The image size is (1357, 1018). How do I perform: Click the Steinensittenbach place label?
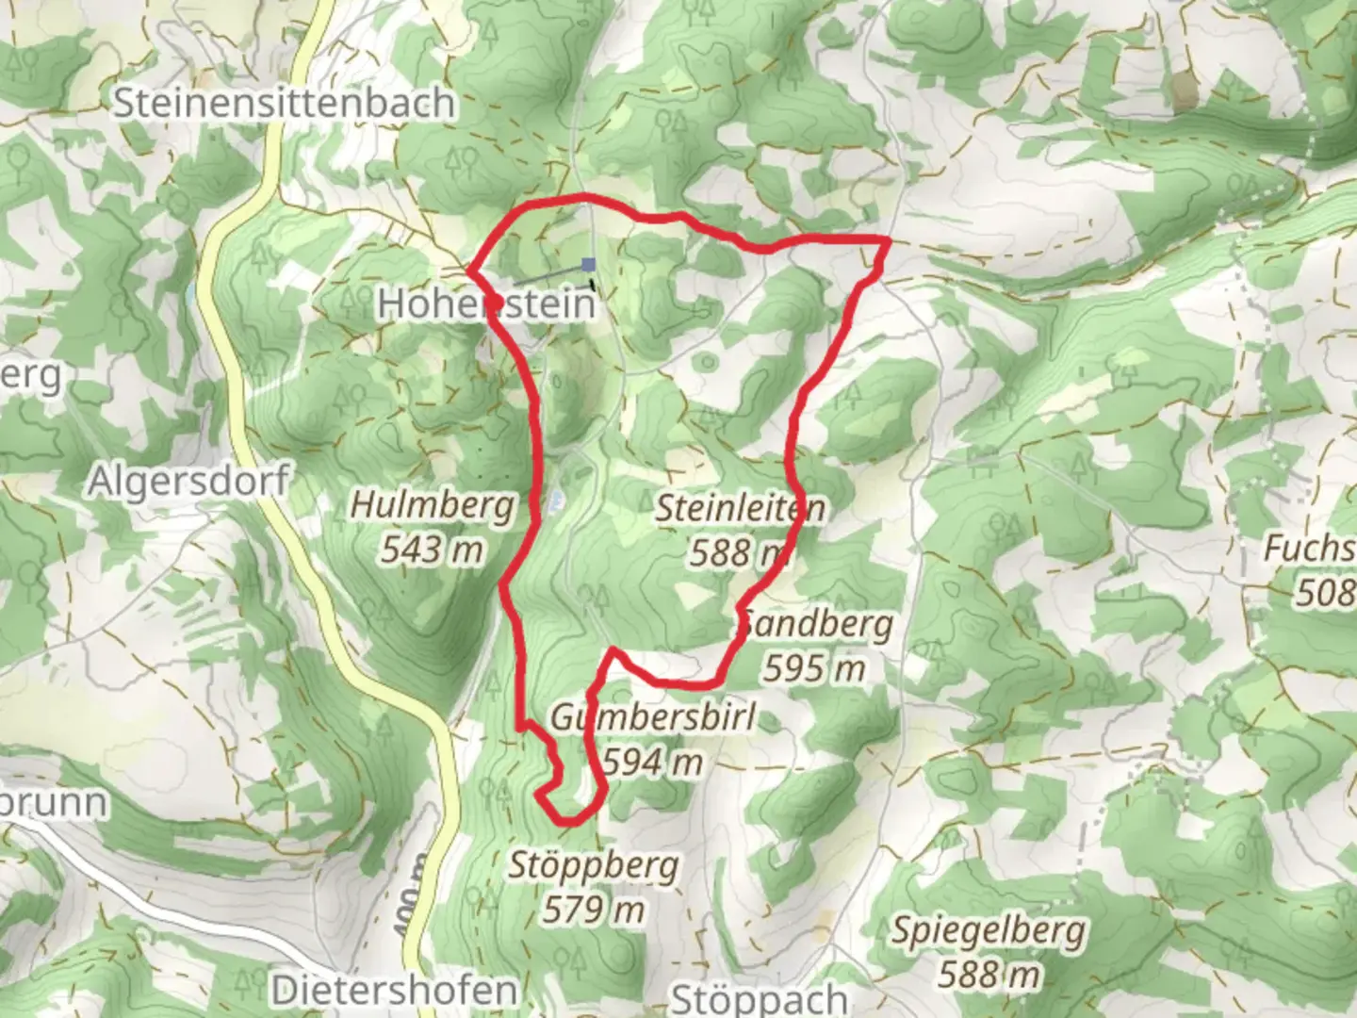pyautogui.click(x=284, y=103)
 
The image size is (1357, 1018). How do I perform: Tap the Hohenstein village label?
pyautogui.click(x=487, y=304)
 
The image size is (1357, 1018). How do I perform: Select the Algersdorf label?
pyautogui.click(x=188, y=482)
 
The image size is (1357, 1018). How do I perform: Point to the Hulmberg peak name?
pyautogui.click(x=433, y=505)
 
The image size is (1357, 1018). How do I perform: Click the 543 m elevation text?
pyautogui.click(x=433, y=549)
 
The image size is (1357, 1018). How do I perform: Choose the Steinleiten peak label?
pyautogui.click(x=740, y=509)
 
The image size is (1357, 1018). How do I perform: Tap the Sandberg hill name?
pyautogui.click(x=816, y=625)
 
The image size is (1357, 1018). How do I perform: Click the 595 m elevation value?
pyautogui.click(x=814, y=668)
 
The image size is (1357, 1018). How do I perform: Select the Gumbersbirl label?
pyautogui.click(x=652, y=718)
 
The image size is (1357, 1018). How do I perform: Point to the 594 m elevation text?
pyautogui.click(x=652, y=762)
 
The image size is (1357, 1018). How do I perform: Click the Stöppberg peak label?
pyautogui.click(x=594, y=865)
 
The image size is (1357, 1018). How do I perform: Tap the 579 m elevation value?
pyautogui.click(x=594, y=910)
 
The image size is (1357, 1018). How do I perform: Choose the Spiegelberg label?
pyautogui.click(x=989, y=931)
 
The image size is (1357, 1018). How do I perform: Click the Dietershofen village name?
pyautogui.click(x=394, y=991)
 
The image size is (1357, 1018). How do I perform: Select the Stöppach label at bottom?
pyautogui.click(x=760, y=999)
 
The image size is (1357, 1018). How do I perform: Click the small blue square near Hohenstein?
pyautogui.click(x=589, y=265)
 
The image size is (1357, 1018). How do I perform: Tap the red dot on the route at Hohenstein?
pyautogui.click(x=492, y=298)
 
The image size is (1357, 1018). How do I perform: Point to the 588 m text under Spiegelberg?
pyautogui.click(x=989, y=974)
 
